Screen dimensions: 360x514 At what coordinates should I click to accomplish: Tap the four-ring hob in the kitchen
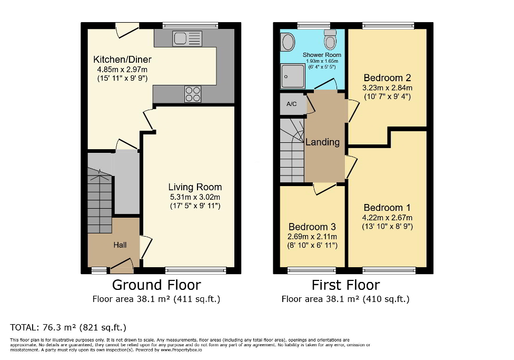pyautogui.click(x=193, y=94)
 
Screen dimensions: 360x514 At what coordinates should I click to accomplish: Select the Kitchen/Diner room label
pyautogui.click(x=121, y=59)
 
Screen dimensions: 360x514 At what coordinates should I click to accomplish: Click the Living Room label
pyautogui.click(x=195, y=187)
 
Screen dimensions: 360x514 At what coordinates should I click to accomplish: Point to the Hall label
pyautogui.click(x=120, y=245)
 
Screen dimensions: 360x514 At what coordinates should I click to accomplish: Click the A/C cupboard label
pyautogui.click(x=292, y=104)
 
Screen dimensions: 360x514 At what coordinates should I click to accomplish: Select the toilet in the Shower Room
pyautogui.click(x=331, y=39)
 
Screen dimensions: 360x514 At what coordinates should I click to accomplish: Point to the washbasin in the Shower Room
pyautogui.click(x=288, y=41)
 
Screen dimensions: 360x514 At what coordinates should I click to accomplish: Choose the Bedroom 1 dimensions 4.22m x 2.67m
pyautogui.click(x=388, y=218)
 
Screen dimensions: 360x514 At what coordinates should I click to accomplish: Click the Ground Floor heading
pyautogui.click(x=156, y=285)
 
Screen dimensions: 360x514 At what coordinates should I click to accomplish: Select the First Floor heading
pyautogui.click(x=345, y=285)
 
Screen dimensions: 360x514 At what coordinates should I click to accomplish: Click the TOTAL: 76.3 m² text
pyautogui.click(x=68, y=327)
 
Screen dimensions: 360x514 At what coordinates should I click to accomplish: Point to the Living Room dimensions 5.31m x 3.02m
pyautogui.click(x=195, y=197)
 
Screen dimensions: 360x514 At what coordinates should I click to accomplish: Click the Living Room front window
pyautogui.click(x=196, y=270)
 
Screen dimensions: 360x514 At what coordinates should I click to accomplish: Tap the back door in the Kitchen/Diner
pyautogui.click(x=127, y=30)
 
